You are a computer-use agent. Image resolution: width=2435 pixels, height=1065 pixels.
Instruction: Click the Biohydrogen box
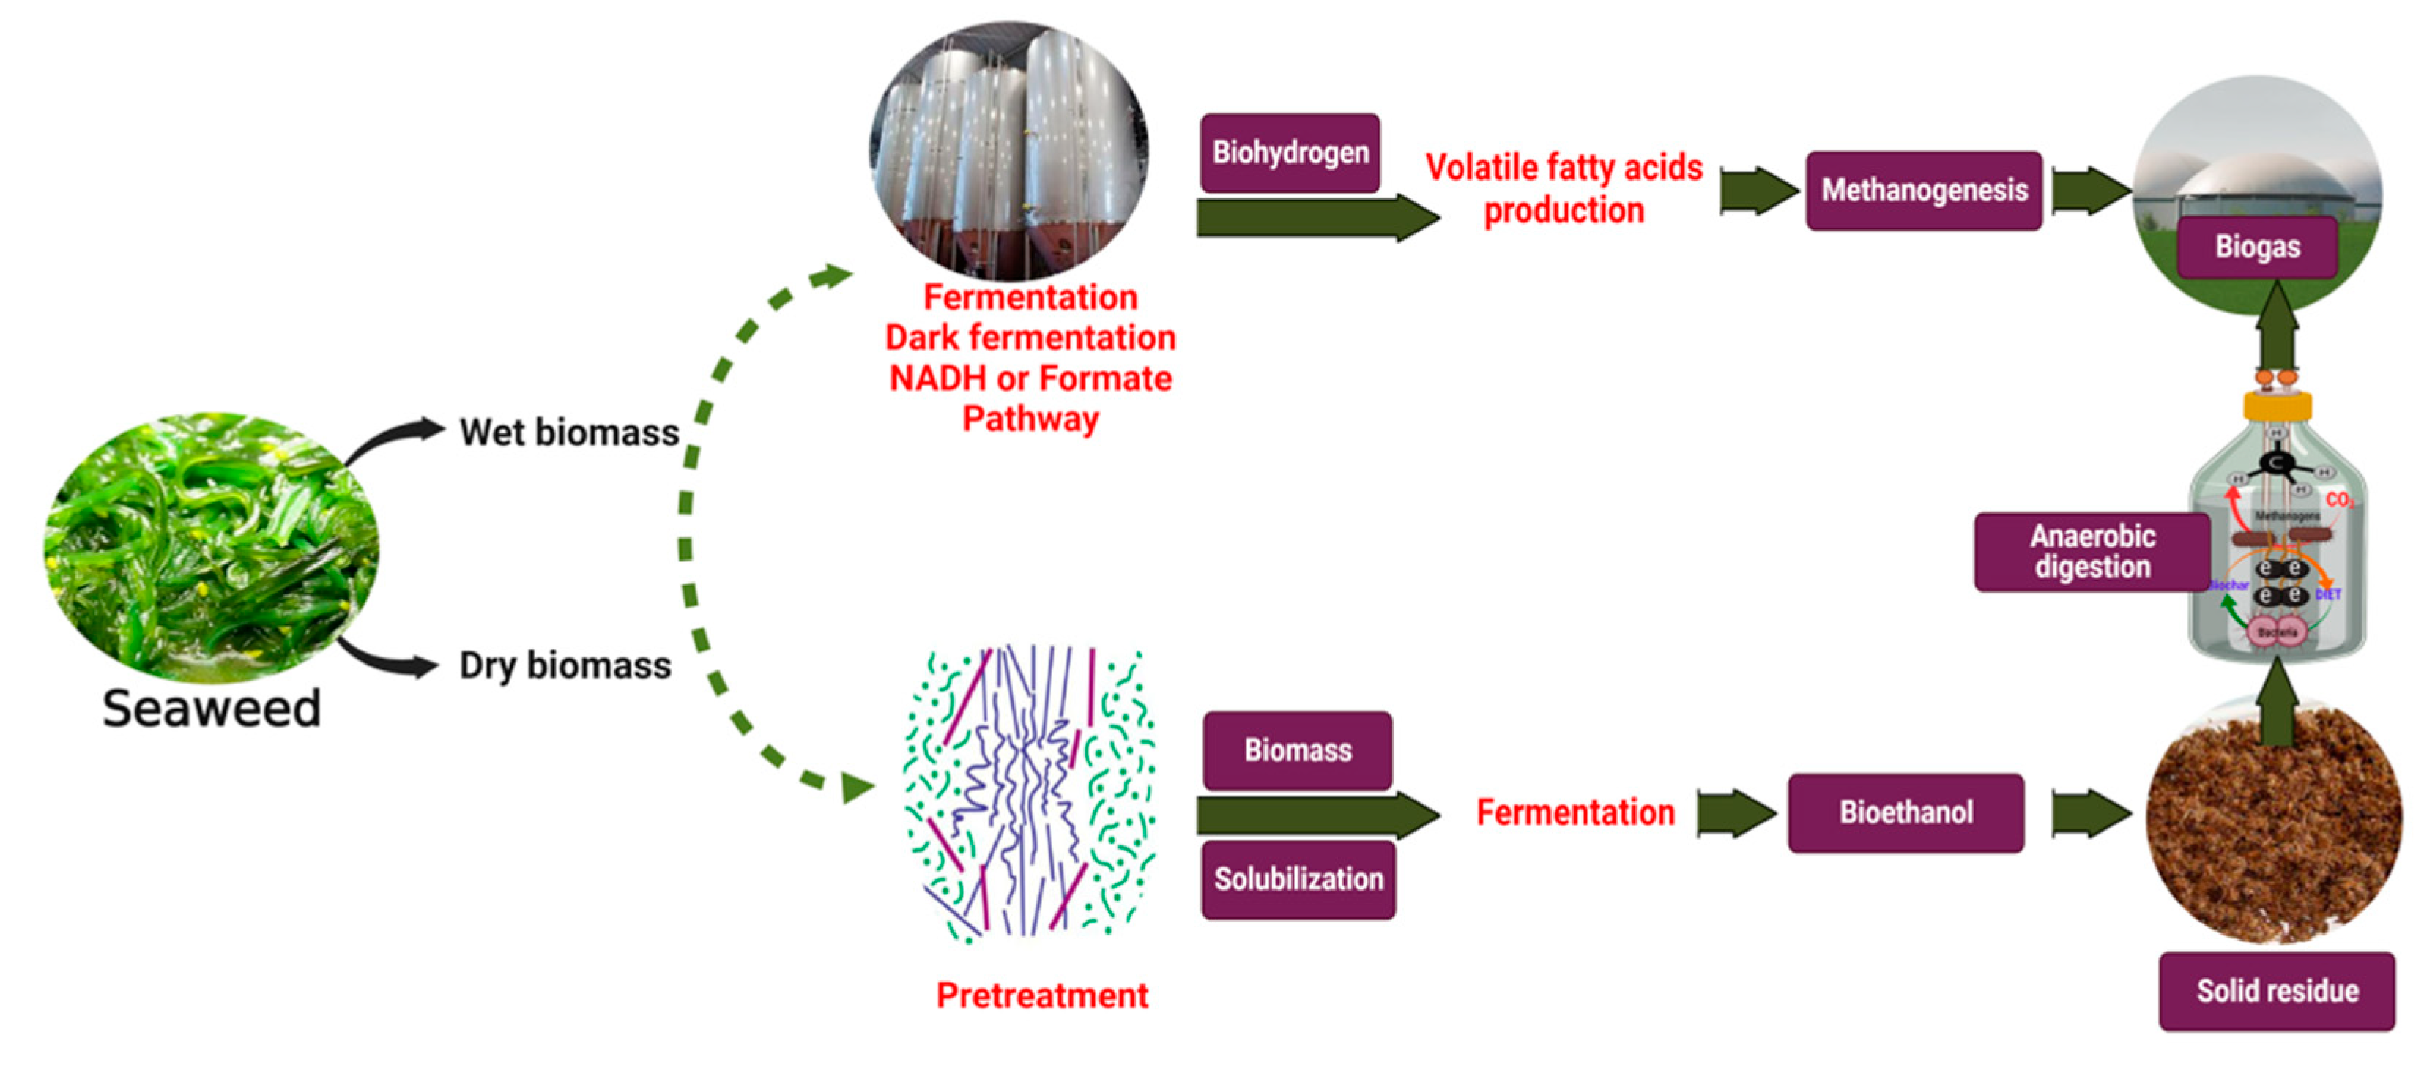[1290, 152]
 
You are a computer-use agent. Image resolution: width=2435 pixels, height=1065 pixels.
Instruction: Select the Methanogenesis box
[1924, 190]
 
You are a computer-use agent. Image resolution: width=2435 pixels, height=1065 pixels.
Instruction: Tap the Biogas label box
[2257, 247]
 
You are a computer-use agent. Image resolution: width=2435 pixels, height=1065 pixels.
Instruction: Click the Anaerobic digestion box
[2091, 552]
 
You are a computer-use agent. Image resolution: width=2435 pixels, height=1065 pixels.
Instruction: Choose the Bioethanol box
[1905, 812]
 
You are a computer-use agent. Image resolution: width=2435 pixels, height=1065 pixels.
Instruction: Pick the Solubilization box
[1298, 879]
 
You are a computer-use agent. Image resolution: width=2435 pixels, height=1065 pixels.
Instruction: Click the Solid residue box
[2276, 990]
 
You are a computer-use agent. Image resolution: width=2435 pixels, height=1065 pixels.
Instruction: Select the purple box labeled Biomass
[1297, 750]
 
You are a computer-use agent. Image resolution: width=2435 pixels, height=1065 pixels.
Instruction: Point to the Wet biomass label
[569, 433]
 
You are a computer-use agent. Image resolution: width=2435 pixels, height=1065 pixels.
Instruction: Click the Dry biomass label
[565, 665]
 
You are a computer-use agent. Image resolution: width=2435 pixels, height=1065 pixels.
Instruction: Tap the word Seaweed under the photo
[212, 709]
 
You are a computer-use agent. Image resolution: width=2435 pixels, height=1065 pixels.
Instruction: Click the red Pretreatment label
[1041, 995]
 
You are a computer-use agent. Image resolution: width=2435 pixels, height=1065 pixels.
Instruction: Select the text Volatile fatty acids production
[1564, 188]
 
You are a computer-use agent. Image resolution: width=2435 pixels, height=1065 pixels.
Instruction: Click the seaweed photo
[212, 546]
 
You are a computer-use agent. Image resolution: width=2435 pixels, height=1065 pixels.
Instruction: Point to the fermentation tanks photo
[1010, 152]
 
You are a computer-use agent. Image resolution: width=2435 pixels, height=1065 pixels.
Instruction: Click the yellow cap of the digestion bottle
[2276, 406]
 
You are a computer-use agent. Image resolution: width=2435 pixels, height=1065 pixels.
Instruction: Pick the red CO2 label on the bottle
[2338, 500]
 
